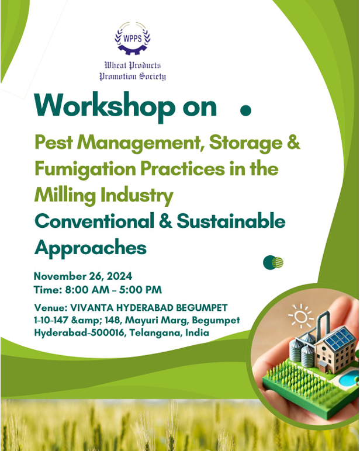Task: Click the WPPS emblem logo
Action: [x=133, y=38]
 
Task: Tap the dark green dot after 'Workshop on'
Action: [x=245, y=110]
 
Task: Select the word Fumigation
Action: [x=85, y=169]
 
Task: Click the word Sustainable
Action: [x=231, y=221]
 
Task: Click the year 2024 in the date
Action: [x=119, y=276]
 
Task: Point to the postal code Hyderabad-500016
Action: [x=80, y=333]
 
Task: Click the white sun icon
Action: [x=301, y=317]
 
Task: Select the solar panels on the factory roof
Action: [x=338, y=339]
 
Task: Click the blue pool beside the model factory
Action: [x=348, y=378]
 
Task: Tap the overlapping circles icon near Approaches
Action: [x=273, y=262]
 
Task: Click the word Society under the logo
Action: [x=153, y=77]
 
